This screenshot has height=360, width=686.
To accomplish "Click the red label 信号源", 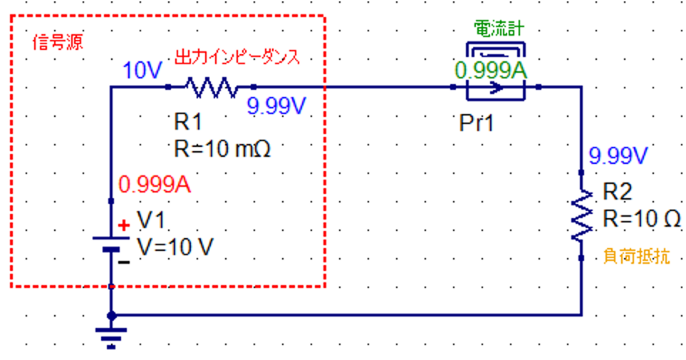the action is [x=57, y=43].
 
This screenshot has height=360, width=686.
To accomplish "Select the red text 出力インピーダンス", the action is [x=237, y=57].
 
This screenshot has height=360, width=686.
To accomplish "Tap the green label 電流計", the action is [x=499, y=29].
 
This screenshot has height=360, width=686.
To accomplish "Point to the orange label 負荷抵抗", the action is [x=637, y=256].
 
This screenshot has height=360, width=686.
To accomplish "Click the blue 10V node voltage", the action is [x=142, y=70].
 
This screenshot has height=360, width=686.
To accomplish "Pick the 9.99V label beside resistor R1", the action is [x=276, y=106].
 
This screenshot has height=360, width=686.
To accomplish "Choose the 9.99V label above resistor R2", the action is [x=618, y=155].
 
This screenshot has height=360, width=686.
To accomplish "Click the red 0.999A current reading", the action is [x=155, y=185].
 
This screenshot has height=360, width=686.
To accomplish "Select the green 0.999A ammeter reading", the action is [x=491, y=71].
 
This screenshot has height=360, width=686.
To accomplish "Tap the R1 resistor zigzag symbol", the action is [x=212, y=87].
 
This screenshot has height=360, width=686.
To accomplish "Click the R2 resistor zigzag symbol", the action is [x=582, y=215].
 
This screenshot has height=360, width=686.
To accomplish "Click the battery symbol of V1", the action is [x=111, y=244].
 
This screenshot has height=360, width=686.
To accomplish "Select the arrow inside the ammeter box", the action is [x=496, y=88].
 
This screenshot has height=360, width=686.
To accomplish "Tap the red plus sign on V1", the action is [x=124, y=225].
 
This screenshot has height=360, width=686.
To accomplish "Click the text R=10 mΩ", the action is [x=222, y=149].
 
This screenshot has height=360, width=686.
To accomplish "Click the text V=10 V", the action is [x=175, y=247].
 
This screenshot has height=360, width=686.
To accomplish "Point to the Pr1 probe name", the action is [x=477, y=123].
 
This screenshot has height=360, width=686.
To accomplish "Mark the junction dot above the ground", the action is [x=112, y=315].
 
